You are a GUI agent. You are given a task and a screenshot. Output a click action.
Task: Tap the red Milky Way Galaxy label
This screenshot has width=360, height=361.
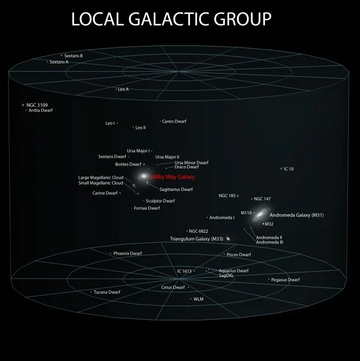coord(173,177)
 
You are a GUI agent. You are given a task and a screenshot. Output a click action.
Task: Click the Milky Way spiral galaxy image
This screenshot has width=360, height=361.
coord(144,176)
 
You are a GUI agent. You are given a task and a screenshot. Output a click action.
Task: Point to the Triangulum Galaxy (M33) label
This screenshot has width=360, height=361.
coord(197,239)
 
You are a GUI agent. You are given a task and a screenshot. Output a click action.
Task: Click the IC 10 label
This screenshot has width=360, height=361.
coord(288,169)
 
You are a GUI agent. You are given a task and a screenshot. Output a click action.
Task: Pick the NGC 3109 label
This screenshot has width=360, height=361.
coord(37,105)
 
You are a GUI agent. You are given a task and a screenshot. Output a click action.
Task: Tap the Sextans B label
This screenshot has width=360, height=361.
coord(73,56)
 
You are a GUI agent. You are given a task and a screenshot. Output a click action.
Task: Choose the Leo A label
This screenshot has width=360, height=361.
coord(123,89)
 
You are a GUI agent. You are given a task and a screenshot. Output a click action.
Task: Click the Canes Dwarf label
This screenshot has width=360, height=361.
coord(174,122)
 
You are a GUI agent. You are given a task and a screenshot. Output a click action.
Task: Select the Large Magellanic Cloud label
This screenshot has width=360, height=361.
coord(101,177)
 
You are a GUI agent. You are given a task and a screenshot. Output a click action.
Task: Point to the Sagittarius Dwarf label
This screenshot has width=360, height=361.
coord(176,189)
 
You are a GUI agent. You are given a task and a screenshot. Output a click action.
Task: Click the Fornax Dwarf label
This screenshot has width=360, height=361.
coord(147,208)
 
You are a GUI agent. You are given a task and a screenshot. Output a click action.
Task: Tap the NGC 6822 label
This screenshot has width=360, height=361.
coord(198,231)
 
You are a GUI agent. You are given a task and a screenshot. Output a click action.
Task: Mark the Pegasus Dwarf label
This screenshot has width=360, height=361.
coord(285,280)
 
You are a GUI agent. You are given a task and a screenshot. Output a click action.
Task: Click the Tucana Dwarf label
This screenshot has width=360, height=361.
coord(107,292)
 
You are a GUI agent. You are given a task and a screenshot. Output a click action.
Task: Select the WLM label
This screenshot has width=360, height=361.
coord(198,299)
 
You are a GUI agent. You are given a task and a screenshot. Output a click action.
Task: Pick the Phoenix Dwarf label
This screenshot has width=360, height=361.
coord(127,253)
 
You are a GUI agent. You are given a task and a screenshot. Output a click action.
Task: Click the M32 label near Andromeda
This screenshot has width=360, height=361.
coord(269,224)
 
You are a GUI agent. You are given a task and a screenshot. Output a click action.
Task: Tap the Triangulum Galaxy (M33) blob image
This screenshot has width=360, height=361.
coord(228,239)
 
